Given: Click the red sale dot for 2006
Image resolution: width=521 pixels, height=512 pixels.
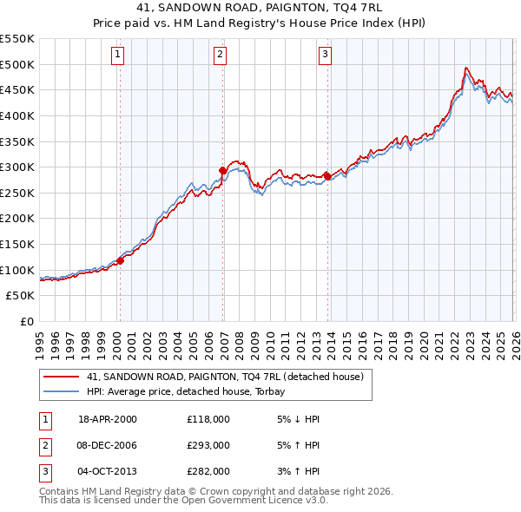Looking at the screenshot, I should pyautogui.click(x=223, y=171).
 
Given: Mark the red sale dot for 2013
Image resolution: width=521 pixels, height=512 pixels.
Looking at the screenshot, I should pyautogui.click(x=327, y=176).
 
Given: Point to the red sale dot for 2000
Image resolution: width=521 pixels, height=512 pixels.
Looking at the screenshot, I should pyautogui.click(x=121, y=260).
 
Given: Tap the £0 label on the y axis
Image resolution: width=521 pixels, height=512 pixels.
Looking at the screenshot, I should pyautogui.click(x=26, y=322).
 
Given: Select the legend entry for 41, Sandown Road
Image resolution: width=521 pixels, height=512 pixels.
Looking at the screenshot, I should pyautogui.click(x=229, y=377).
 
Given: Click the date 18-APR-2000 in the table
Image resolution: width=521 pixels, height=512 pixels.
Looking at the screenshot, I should pyautogui.click(x=107, y=419).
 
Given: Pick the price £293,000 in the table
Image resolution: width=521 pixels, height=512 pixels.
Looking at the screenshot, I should pyautogui.click(x=208, y=444).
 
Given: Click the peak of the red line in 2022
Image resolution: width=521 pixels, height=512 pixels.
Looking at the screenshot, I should pyautogui.click(x=466, y=68).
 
